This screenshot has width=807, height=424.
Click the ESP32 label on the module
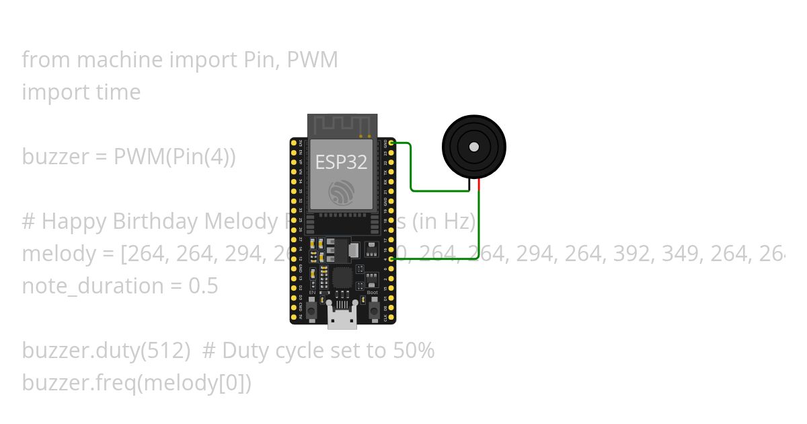(342, 162)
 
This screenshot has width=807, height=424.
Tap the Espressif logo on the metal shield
(341, 193)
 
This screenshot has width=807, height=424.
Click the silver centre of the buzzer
(474, 147)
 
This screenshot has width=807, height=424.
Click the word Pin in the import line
(257, 60)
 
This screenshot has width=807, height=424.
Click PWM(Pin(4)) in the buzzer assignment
(175, 157)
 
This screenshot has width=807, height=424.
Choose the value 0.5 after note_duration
(203, 286)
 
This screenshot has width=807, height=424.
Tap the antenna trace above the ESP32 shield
(342, 125)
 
